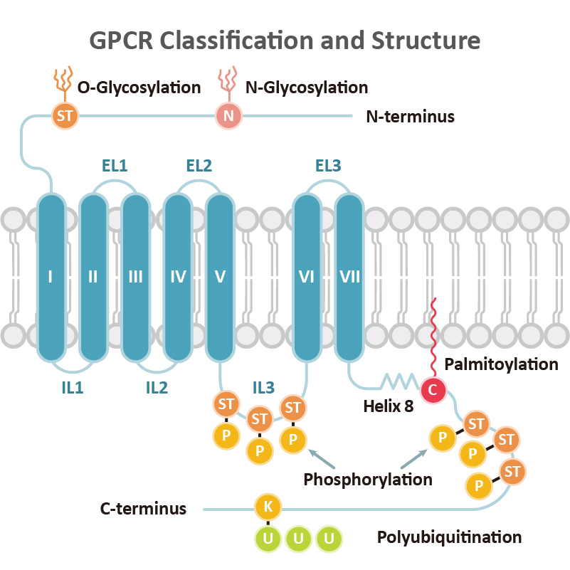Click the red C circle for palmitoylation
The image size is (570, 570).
click(431, 389)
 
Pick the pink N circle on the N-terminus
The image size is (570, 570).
click(228, 116)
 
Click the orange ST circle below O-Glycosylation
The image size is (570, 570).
click(64, 116)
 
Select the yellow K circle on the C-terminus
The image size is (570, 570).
click(268, 507)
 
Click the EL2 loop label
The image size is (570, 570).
click(199, 167)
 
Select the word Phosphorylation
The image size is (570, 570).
click(368, 479)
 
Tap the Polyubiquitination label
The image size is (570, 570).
click(449, 537)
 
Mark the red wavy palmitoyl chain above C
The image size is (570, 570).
click(431, 334)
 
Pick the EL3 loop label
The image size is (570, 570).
click(328, 167)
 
